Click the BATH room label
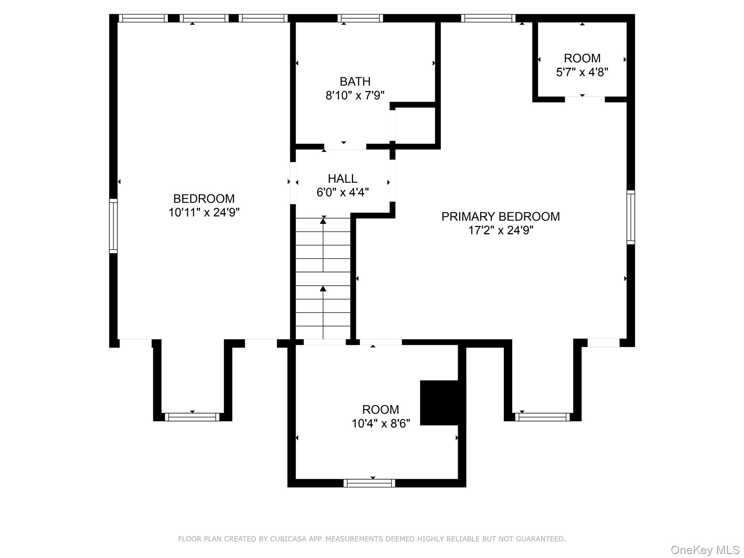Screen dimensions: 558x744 (355, 81)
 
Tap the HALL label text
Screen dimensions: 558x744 (342, 179)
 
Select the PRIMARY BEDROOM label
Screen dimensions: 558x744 (500, 217)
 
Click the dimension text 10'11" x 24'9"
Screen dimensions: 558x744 (204, 213)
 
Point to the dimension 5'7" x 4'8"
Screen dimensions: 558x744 (582, 72)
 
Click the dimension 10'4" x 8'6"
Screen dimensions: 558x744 (380, 424)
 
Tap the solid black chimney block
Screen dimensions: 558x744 (442, 403)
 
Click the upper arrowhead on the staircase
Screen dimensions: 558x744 (323, 221)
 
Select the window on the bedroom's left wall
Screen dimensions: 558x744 (113, 226)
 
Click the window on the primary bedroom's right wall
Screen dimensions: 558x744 (631, 217)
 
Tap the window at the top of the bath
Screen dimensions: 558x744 (360, 18)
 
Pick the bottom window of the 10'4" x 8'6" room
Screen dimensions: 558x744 (369, 483)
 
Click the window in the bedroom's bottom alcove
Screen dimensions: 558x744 (192, 417)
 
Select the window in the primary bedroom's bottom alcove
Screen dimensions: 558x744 (542, 417)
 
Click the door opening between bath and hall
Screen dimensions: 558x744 (345, 146)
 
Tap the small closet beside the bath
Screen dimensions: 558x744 (415, 126)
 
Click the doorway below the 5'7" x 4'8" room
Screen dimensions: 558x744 (585, 99)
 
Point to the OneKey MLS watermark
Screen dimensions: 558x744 (705, 550)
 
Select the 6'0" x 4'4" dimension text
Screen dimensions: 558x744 (342, 193)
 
